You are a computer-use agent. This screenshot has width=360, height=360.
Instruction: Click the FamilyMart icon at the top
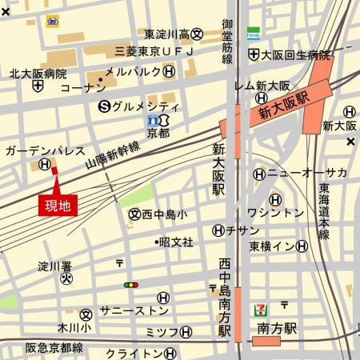point(253,34)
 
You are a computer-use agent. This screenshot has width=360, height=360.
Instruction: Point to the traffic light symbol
point(130,284)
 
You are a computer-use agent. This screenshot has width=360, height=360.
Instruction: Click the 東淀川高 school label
point(168,34)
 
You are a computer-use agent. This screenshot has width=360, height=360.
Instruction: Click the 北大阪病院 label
point(38,73)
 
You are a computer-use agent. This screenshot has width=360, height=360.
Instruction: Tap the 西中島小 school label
point(164,214)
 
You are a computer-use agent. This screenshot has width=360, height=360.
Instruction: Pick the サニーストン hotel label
point(134,310)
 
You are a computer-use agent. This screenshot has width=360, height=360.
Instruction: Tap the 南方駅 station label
point(277,327)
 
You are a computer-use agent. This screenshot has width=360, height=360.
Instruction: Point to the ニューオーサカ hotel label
point(307,174)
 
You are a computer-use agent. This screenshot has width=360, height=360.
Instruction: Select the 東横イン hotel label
point(274,246)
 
